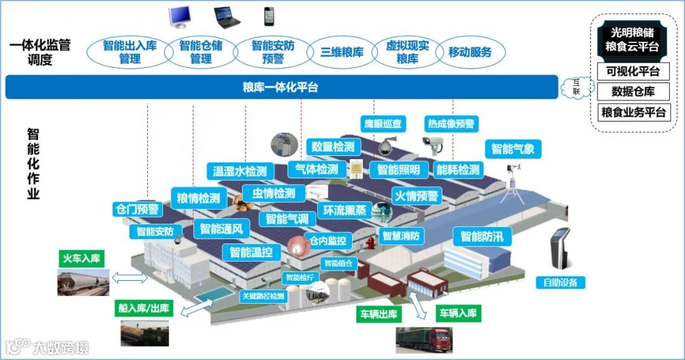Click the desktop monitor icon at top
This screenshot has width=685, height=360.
(181, 16)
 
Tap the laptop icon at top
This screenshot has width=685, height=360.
(226, 16)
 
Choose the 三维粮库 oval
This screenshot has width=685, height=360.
(342, 53)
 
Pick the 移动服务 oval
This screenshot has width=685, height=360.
(470, 53)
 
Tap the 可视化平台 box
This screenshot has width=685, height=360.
(633, 71)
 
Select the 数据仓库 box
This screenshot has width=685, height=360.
(633, 92)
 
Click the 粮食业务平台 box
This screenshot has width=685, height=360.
(633, 113)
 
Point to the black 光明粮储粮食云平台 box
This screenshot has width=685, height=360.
(632, 40)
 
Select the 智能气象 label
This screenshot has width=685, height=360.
(513, 150)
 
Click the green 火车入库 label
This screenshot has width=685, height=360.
(81, 259)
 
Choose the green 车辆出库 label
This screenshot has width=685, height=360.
(379, 314)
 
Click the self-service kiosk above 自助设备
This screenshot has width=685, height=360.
(560, 250)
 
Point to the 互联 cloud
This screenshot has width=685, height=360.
(577, 86)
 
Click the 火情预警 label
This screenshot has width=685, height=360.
(416, 196)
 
